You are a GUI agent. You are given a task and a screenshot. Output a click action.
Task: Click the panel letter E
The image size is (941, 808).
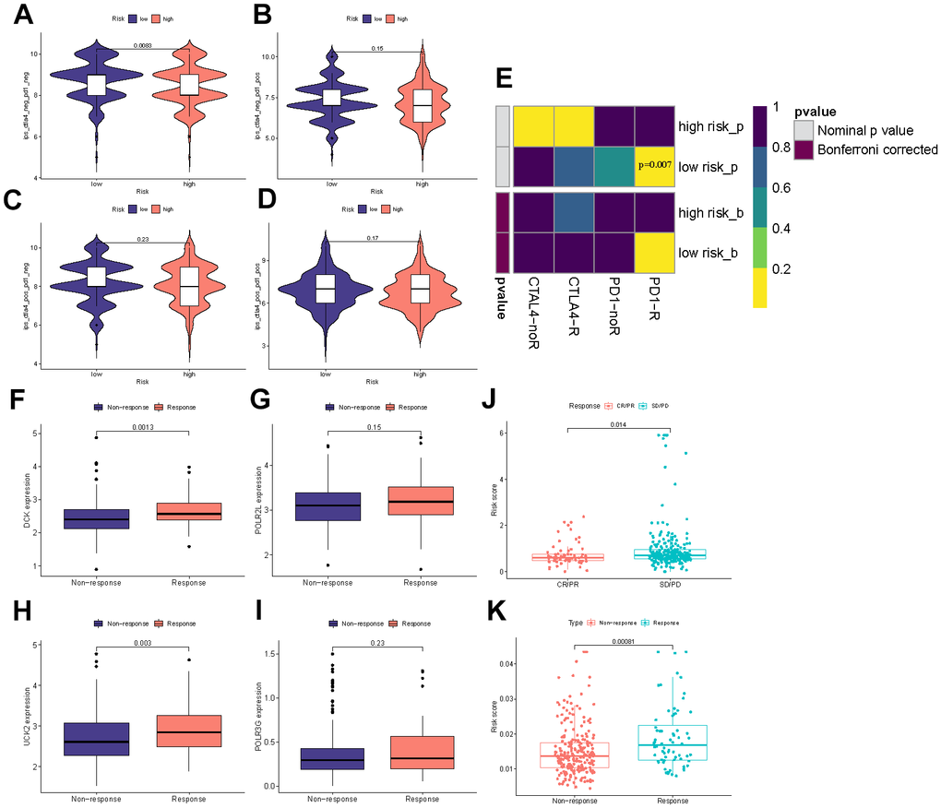[x=505, y=78]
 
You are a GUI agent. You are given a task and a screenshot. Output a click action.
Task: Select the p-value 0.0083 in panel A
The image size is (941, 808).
[x=141, y=45]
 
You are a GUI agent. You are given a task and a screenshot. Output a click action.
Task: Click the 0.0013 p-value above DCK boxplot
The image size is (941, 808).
[x=141, y=427]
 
